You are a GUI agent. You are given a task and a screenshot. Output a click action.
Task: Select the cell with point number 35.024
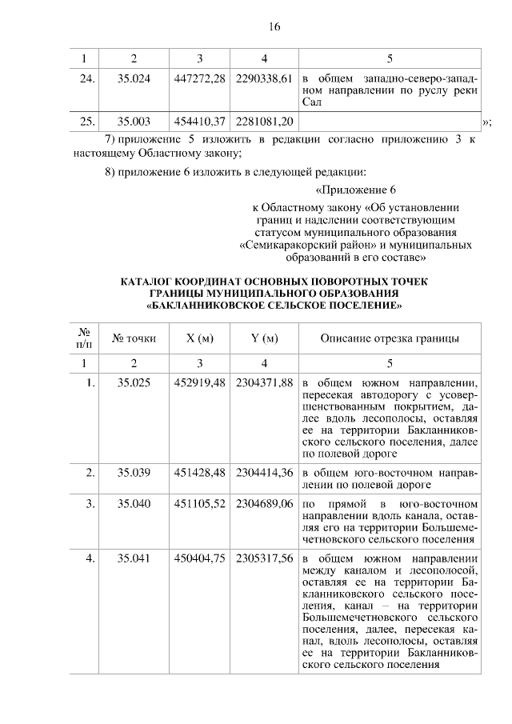click(134, 78)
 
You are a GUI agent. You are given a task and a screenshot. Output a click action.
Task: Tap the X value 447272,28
click(199, 78)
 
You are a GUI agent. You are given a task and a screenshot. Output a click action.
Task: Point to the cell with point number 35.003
click(134, 121)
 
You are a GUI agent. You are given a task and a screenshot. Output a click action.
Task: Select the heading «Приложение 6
click(356, 190)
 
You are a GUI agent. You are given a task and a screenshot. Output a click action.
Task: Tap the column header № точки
click(134, 338)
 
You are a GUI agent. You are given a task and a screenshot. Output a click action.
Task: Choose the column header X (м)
click(199, 338)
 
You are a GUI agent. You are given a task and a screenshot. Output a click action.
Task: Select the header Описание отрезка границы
click(390, 338)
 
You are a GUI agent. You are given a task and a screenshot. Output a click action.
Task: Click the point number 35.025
click(134, 382)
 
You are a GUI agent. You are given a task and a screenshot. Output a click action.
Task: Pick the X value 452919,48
click(199, 382)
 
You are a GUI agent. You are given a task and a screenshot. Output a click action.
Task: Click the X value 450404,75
click(199, 558)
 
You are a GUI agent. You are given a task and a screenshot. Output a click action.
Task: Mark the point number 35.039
click(134, 472)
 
